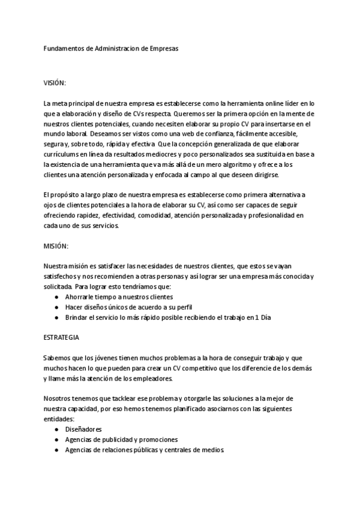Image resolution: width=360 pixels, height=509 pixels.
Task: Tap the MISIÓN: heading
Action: coord(56,247)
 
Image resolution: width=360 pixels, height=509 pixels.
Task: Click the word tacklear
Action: coord(119,399)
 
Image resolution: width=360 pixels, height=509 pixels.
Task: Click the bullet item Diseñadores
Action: coord(83,429)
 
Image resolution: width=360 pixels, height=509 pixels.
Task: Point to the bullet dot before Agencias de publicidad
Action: coord(56,439)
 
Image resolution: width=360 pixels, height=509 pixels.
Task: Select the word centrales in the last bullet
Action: coord(178,450)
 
